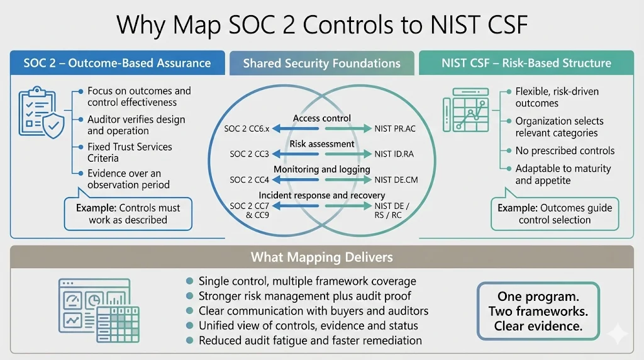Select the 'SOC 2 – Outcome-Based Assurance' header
(117, 63)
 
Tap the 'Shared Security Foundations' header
(321, 63)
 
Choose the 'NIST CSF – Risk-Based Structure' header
(526, 63)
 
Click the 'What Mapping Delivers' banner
(321, 257)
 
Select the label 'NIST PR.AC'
(395, 129)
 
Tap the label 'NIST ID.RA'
(394, 154)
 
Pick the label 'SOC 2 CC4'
(246, 179)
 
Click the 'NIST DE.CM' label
(396, 179)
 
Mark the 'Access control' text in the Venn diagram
(322, 118)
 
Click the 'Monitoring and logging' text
(322, 169)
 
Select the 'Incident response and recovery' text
(322, 195)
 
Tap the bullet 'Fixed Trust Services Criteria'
(130, 153)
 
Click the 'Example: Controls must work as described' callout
(128, 214)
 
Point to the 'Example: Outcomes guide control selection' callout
(554, 214)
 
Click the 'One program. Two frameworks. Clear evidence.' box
(538, 311)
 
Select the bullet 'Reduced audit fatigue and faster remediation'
(310, 340)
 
